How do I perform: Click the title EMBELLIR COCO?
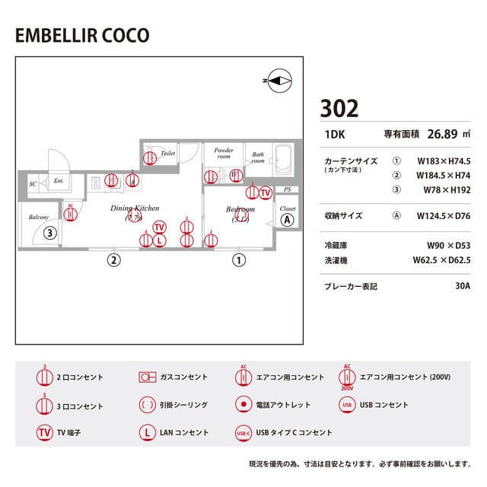click(x=82, y=36)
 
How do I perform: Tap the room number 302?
click(x=339, y=108)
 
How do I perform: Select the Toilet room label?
click(x=168, y=153)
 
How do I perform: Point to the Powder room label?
click(x=223, y=153)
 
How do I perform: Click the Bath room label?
click(x=259, y=158)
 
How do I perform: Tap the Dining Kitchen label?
click(x=135, y=208)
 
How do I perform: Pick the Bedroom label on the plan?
click(x=240, y=208)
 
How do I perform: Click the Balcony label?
click(x=39, y=217)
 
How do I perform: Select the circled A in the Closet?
click(x=287, y=221)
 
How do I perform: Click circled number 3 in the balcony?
click(x=49, y=234)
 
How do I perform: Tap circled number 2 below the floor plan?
click(x=113, y=259)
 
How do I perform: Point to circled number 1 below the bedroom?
click(x=239, y=259)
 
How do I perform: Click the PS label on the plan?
click(x=287, y=190)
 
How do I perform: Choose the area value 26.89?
click(x=441, y=135)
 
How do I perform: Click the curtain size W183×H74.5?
click(x=444, y=161)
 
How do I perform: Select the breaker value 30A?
click(x=462, y=286)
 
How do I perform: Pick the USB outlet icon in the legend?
click(x=347, y=405)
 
